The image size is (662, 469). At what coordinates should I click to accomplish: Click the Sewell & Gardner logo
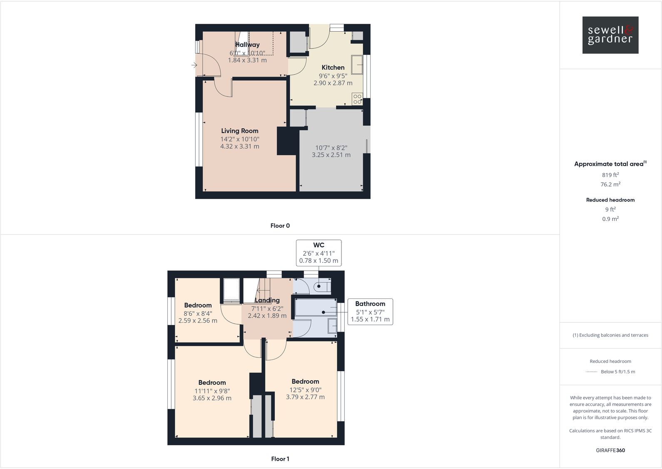click(610, 35)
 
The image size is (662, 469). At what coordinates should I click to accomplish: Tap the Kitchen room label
click(333, 67)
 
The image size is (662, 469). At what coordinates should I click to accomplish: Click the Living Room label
click(239, 131)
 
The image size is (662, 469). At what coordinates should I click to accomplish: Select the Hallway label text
click(247, 45)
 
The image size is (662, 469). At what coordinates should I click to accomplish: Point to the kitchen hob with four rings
click(357, 99)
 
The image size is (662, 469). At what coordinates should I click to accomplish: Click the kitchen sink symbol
click(357, 65)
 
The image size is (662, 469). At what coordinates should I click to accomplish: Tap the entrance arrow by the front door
click(194, 65)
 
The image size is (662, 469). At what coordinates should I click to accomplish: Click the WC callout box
click(319, 253)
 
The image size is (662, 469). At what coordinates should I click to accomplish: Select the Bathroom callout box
click(370, 312)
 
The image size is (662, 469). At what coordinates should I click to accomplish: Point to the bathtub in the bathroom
click(316, 308)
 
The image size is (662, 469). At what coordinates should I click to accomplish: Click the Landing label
click(267, 300)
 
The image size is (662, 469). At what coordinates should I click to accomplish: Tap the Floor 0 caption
click(280, 226)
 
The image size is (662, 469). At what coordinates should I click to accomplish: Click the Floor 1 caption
click(280, 459)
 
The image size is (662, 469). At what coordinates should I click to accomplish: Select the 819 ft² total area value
click(610, 175)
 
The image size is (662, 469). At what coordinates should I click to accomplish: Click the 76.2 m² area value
click(610, 184)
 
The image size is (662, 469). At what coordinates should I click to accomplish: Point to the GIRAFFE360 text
click(610, 450)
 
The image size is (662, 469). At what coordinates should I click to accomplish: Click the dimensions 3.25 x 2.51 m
click(331, 155)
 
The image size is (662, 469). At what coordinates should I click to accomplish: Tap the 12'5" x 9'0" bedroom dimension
click(305, 390)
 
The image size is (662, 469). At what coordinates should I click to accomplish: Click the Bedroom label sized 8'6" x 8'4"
click(198, 305)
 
